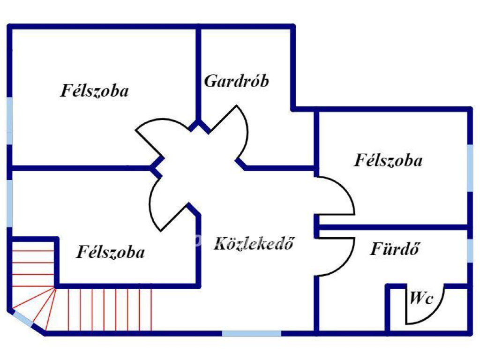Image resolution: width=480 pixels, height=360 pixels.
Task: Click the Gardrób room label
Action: pyautogui.click(x=237, y=81)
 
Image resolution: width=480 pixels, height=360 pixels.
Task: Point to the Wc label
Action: pyautogui.click(x=421, y=299)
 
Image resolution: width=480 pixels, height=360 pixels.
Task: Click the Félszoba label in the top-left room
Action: pyautogui.click(x=94, y=90)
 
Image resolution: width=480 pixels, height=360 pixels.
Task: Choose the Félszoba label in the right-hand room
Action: pyautogui.click(x=388, y=160)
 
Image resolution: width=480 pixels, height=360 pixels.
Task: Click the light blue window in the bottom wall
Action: pyautogui.click(x=251, y=333)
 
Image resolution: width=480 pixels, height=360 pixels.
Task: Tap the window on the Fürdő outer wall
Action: pyautogui.click(x=470, y=251)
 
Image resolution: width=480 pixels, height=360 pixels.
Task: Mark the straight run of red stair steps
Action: pyautogui.click(x=110, y=309)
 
